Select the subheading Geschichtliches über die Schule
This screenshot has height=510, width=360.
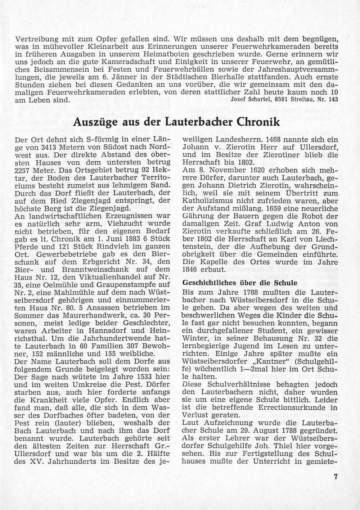coord(240,283)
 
